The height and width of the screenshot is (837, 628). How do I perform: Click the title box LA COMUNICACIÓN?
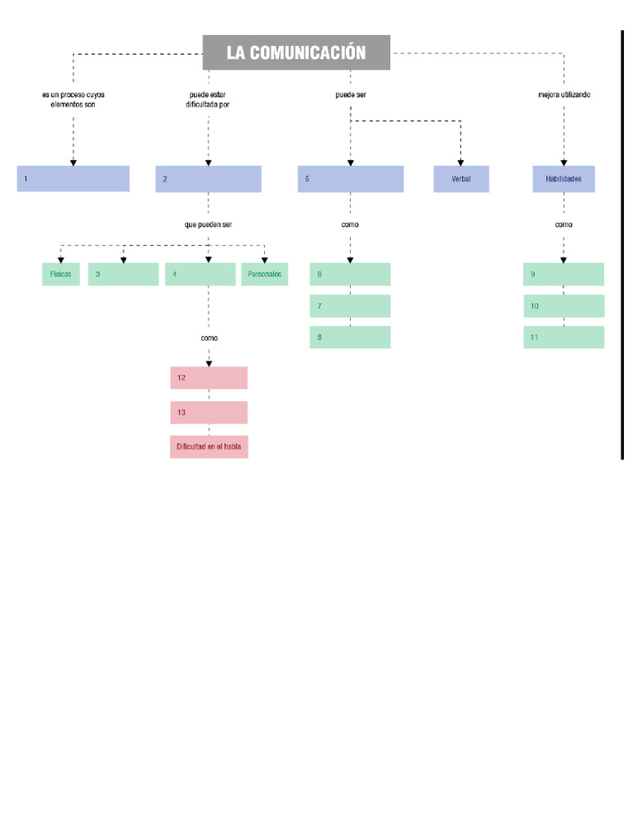coord(296,52)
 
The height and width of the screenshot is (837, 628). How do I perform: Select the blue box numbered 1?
coord(73,178)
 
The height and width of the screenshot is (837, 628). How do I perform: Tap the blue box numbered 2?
coord(209,179)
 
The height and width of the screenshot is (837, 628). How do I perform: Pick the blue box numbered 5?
coord(350,179)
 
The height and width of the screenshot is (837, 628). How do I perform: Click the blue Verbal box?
coord(461,179)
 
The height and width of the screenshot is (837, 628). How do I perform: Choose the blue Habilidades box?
coord(563,179)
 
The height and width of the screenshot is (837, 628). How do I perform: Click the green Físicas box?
coord(61,275)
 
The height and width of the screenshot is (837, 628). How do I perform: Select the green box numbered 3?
coord(123,275)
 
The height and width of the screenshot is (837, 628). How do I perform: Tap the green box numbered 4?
coord(200,275)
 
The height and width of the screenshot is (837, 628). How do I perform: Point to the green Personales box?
coord(264,275)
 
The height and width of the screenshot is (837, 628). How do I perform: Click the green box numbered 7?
coord(350,306)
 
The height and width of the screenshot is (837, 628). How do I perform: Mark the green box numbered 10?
coord(563,306)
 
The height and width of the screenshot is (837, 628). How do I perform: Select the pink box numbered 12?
coord(209,378)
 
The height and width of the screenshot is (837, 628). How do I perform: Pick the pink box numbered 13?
coord(209,413)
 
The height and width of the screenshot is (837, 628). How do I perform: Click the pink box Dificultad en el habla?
coord(209,447)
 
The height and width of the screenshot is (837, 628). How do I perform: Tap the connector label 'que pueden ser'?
coord(209,224)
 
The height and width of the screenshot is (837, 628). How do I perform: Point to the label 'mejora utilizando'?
coord(563,95)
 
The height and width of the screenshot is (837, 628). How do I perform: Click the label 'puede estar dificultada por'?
coord(208,100)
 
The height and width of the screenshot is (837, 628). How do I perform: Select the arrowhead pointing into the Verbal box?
coord(461,163)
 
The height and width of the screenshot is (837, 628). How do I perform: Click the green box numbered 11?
coord(563,337)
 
